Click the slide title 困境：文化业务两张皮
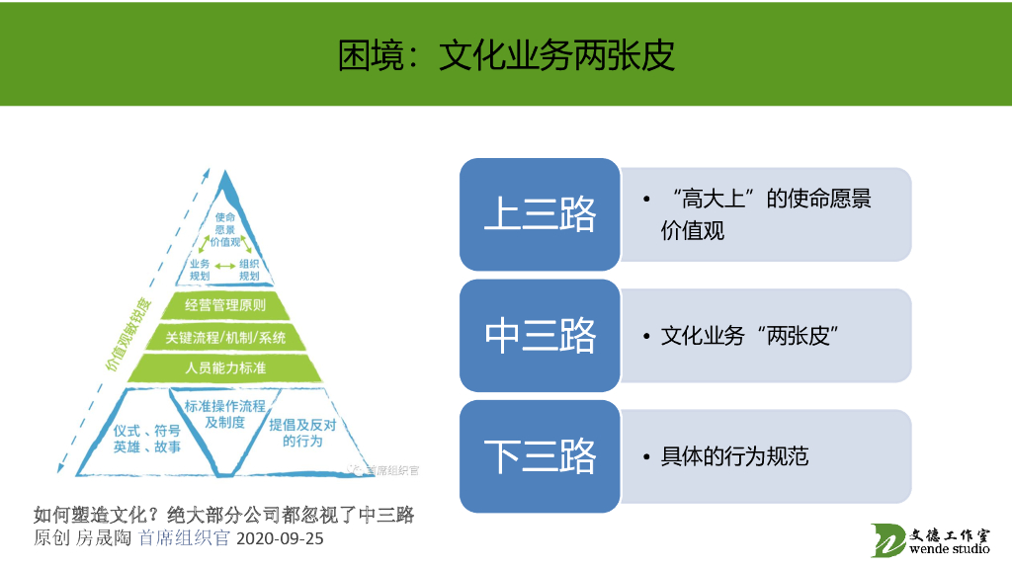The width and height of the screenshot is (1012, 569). (506, 55)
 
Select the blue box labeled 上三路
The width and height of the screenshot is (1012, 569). (540, 214)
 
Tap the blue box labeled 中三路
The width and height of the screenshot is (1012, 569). (540, 336)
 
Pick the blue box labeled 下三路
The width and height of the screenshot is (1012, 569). (540, 456)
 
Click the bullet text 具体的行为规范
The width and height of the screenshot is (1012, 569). (734, 456)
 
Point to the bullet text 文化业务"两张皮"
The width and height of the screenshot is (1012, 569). (750, 336)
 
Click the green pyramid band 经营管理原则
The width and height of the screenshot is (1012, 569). (225, 305)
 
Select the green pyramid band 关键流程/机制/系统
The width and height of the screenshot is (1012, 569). (225, 337)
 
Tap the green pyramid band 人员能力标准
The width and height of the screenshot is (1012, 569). (225, 368)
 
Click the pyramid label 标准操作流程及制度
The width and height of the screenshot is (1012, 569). (225, 414)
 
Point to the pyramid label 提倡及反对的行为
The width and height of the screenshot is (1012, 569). (302, 433)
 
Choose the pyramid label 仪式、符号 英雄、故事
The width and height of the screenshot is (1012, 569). (147, 439)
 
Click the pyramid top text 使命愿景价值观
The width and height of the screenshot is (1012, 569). (224, 228)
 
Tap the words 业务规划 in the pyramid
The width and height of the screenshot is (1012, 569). (200, 270)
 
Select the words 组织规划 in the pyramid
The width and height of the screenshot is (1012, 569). (249, 270)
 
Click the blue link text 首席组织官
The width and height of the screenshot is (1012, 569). (184, 539)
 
